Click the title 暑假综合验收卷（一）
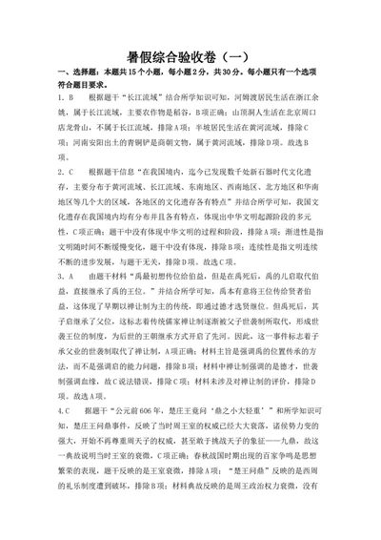[190, 54]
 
